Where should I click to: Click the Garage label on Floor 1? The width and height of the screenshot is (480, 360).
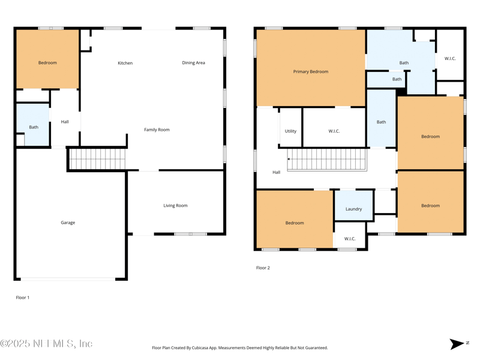68,223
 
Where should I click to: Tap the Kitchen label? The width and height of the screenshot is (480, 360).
125,63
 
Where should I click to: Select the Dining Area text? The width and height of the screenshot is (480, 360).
193,63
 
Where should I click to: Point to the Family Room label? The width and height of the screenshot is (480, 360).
157,130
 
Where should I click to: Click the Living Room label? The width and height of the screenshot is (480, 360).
175,205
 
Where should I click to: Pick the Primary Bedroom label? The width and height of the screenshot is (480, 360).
311,71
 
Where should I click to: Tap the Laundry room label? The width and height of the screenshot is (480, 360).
353,209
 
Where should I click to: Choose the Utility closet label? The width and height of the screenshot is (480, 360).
290,131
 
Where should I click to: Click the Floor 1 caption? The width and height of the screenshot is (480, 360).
23,298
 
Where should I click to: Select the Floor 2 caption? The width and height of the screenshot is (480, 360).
263,268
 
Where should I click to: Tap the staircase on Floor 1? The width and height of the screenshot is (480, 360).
97,159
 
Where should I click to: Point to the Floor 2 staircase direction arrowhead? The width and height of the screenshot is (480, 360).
289,159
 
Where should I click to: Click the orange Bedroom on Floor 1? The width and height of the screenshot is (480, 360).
47,59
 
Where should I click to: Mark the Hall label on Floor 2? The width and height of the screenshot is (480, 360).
277,172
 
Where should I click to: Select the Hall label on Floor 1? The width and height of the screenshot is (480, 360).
65,122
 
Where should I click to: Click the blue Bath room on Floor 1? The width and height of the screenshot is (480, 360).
33,125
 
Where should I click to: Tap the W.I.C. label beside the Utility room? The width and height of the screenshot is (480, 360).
334,131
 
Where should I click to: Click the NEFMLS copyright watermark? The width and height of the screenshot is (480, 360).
46,344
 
